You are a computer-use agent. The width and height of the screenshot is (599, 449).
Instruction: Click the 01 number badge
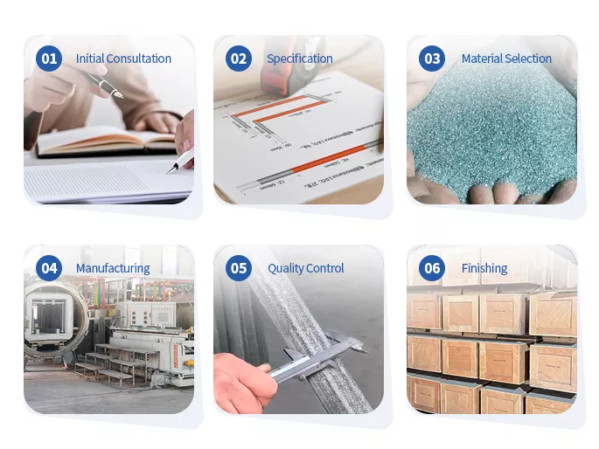pos(48,59)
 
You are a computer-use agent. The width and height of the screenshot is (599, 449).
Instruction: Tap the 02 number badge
pos(238,59)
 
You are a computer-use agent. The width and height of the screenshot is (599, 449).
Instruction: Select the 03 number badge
pos(432,59)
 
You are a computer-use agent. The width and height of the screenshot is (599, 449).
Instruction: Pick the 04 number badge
pos(48,268)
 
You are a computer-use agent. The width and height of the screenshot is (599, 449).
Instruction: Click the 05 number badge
pos(238,268)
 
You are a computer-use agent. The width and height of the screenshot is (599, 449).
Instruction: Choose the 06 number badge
pos(432,268)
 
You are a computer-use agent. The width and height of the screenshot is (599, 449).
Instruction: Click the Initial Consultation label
pos(123,59)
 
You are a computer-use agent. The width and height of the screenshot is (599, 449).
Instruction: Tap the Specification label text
pos(299,59)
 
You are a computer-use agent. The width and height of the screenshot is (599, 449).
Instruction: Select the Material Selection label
pos(506,59)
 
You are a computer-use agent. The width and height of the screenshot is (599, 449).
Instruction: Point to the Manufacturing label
pos(113,268)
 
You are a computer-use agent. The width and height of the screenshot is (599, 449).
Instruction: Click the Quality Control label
pos(305,268)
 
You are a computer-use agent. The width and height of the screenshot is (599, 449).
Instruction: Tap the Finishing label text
pos(484,268)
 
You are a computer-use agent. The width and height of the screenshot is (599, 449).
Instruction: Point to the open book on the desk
pos(105,140)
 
